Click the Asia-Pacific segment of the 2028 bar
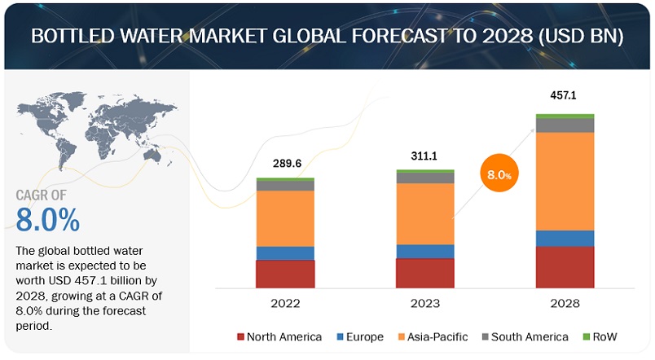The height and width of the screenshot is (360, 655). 565,181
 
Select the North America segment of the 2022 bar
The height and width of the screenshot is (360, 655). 285,274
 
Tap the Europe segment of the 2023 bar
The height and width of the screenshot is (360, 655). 424,251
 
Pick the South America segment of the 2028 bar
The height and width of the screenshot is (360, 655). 565,125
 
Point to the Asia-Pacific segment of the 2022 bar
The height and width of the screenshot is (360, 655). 285,218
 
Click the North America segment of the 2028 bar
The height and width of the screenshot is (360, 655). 565,266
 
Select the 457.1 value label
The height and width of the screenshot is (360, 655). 564,95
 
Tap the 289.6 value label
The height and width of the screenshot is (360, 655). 285,163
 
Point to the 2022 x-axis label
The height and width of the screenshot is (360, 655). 285,304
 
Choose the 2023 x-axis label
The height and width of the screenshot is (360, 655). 424,304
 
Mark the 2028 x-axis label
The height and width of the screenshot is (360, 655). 565,304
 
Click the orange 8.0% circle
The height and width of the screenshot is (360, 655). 499,174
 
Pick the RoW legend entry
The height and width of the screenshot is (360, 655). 600,336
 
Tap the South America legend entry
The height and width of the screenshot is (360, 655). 530,336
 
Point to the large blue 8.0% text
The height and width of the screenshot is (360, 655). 48,220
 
